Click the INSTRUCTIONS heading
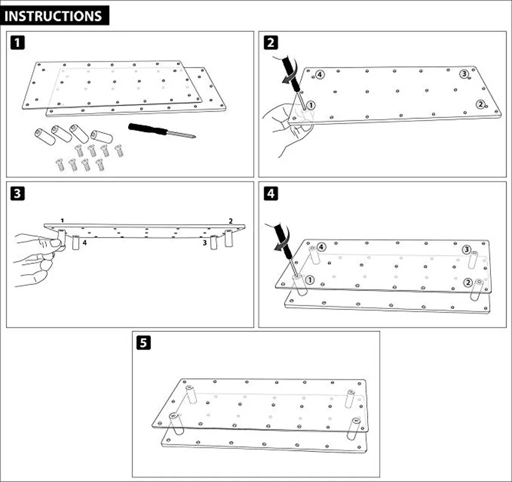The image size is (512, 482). pos(54,16)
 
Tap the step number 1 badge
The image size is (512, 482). pos(19,42)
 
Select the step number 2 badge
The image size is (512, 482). pos(271,42)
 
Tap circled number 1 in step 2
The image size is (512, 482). pos(310,105)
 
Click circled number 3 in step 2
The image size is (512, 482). pos(464,74)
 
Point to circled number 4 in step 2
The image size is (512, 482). pos(319,74)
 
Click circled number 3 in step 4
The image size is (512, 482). pos(466,249)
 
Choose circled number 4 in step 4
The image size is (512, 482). pos(322,247)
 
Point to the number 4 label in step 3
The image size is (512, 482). pos(85,243)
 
